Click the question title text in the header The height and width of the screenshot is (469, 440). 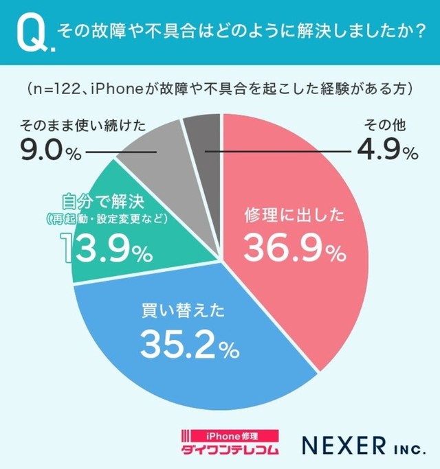point(241,32)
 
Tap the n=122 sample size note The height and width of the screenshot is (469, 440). point(220,89)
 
